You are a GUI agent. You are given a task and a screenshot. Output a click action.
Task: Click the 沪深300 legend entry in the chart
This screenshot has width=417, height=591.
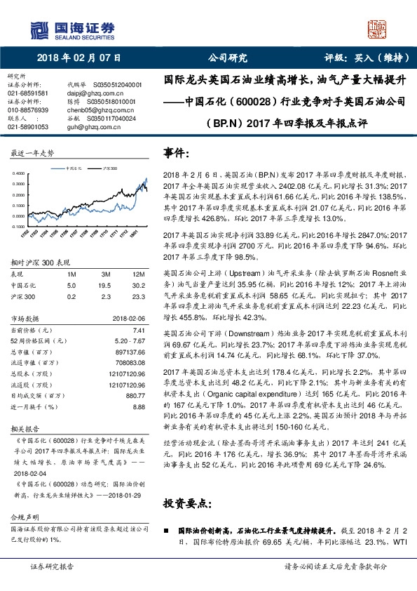[x=109, y=168]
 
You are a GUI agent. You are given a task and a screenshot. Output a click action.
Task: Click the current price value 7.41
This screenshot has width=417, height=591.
[x=139, y=329]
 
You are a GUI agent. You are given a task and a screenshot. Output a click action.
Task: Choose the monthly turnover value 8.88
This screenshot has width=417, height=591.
[x=138, y=406]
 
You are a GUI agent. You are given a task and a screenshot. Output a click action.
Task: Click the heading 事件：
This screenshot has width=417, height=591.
[x=177, y=153]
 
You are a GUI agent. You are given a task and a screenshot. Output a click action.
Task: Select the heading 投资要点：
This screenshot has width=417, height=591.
[x=188, y=504]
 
